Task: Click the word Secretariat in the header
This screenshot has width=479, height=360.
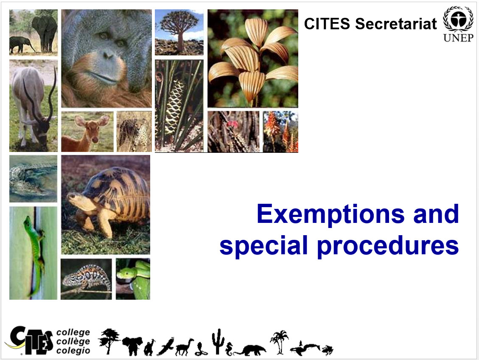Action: (x=396, y=24)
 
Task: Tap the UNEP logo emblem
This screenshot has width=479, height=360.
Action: (x=458, y=19)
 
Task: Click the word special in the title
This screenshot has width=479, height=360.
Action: (x=263, y=245)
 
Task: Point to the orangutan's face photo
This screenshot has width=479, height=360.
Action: (x=106, y=58)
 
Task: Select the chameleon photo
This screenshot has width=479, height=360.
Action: (x=86, y=279)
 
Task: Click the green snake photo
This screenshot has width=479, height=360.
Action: (x=133, y=279)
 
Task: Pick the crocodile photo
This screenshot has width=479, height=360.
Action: (x=33, y=179)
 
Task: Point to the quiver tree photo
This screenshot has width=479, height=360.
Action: (x=179, y=32)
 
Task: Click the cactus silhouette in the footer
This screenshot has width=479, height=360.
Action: (x=218, y=342)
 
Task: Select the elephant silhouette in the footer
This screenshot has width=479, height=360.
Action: (x=132, y=346)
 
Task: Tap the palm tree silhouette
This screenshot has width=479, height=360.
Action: (x=279, y=342)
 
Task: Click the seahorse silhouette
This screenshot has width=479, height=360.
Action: (x=229, y=349)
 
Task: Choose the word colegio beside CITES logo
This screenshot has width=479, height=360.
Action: (x=73, y=350)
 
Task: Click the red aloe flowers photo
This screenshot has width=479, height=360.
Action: (x=280, y=132)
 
